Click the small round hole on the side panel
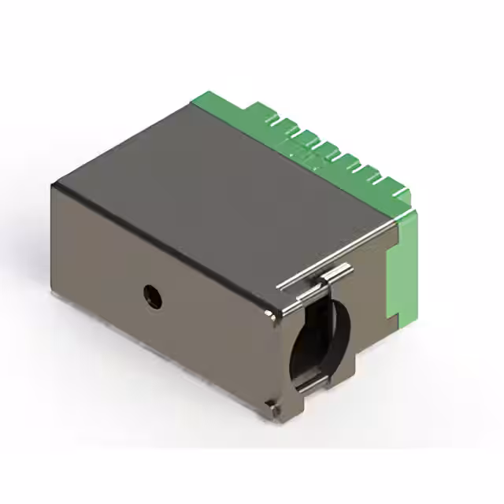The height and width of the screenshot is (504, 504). pos(150,296)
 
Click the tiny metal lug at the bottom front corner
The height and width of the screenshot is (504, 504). pos(272,408)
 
